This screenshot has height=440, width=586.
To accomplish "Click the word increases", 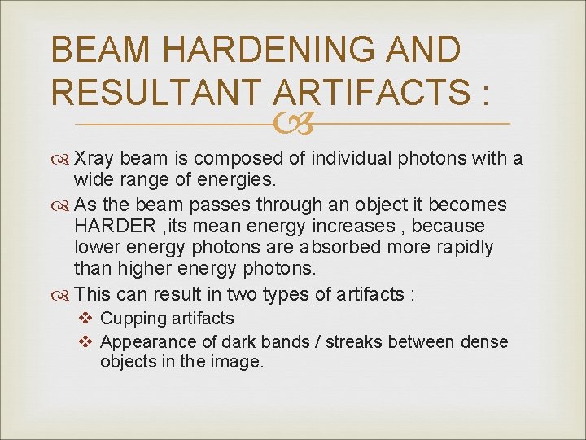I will click(379, 226).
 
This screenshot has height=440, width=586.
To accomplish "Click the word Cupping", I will click(133, 319).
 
